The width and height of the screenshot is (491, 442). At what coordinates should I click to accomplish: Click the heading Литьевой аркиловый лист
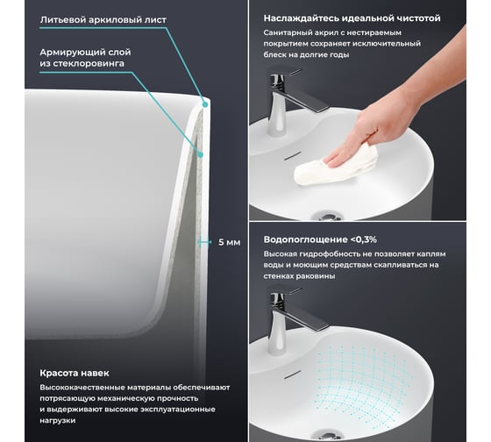pos(103,20)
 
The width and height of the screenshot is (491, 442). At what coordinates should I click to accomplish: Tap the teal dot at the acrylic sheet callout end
pos(205,104)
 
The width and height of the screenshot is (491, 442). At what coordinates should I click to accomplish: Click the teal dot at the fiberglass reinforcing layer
pos(201,154)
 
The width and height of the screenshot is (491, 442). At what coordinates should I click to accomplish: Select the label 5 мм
pos(229,242)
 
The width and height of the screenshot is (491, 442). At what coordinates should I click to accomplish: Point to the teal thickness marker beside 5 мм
pos(204,242)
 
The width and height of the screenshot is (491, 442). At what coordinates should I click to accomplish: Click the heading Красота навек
pos(75,373)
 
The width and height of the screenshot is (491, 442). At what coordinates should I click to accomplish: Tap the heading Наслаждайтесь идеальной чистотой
pos(352,18)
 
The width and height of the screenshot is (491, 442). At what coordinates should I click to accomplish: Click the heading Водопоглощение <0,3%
pos(320,239)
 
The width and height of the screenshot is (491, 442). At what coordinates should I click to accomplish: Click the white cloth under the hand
pos(335,165)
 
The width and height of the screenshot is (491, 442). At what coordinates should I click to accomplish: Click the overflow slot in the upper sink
pos(293,155)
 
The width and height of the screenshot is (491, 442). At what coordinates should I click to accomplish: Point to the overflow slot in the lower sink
pos(293,374)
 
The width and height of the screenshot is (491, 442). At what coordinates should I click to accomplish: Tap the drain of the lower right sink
pos(328,435)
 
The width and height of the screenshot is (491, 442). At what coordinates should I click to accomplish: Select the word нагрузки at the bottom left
pos(58,420)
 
